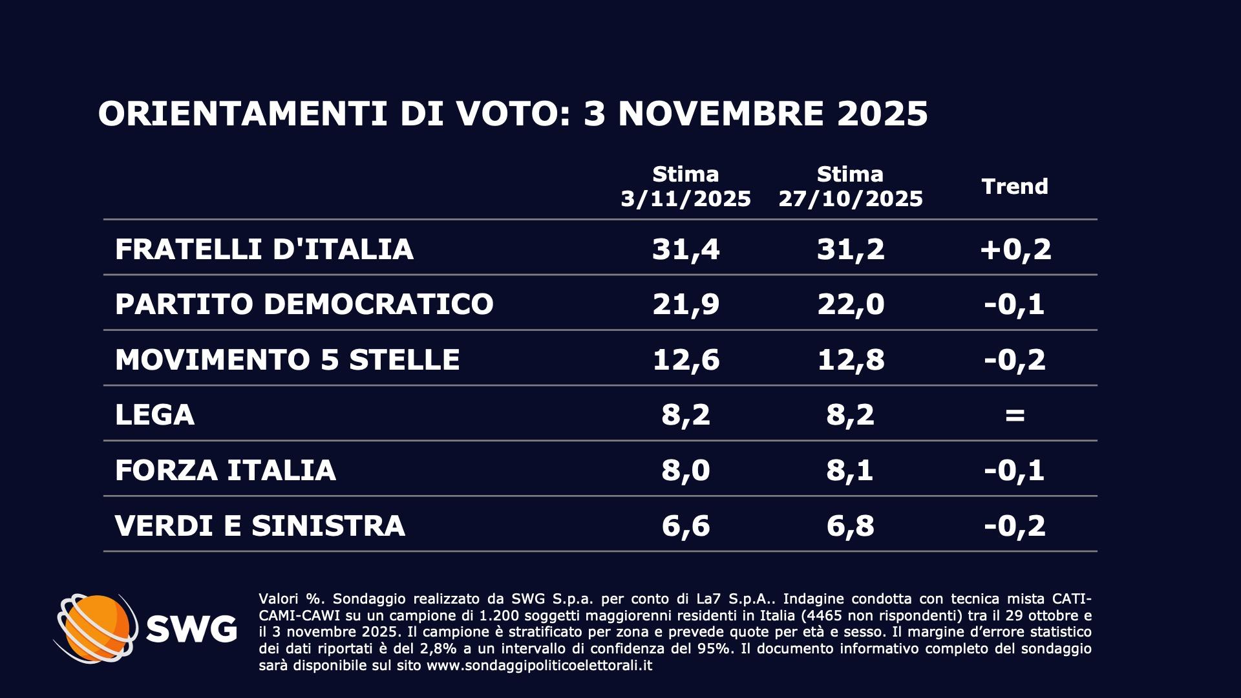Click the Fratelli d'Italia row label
[264, 249]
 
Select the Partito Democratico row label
[304, 304]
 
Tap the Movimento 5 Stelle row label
[287, 359]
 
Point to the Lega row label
[154, 414]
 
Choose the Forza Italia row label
[225, 470]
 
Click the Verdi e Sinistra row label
[260, 525]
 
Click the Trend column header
[1015, 186]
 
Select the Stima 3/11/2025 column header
[686, 186]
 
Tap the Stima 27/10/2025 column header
[851, 186]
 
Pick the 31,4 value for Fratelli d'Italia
[686, 249]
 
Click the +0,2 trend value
[1015, 249]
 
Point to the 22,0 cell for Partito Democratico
[851, 304]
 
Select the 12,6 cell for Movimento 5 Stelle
[686, 359]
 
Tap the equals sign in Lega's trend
[1015, 415]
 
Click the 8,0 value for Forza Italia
[686, 470]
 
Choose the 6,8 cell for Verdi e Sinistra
[851, 525]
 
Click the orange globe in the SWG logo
[97, 628]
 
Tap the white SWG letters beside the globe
[191, 628]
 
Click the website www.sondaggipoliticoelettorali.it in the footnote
[539, 666]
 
